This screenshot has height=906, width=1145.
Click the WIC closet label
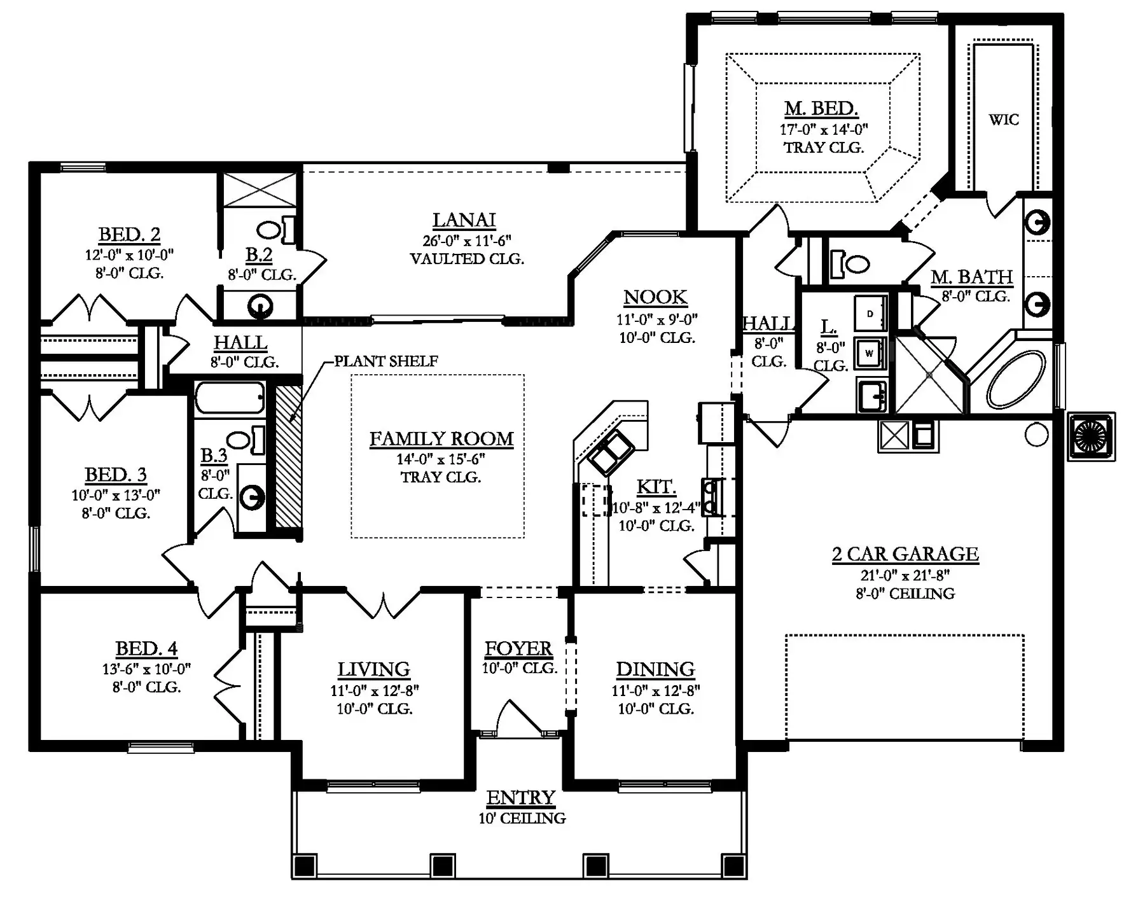pyautogui.click(x=1004, y=120)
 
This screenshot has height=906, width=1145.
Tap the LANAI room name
pyautogui.click(x=464, y=220)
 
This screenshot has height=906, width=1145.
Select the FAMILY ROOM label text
pyautogui.click(x=441, y=439)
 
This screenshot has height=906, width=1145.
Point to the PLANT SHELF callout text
pyautogui.click(x=386, y=361)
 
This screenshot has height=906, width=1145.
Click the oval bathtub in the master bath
pyautogui.click(x=1016, y=381)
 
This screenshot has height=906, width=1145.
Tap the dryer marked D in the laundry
pyautogui.click(x=870, y=313)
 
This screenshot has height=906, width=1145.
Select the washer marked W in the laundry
pyautogui.click(x=869, y=354)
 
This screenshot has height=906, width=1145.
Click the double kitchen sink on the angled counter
pyautogui.click(x=610, y=452)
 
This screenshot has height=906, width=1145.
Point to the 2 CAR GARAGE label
pyautogui.click(x=905, y=554)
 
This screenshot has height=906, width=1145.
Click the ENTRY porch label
pyautogui.click(x=521, y=798)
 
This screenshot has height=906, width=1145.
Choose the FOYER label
pyautogui.click(x=518, y=649)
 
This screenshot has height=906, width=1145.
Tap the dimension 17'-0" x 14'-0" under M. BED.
pyautogui.click(x=824, y=130)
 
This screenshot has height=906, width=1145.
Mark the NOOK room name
pyautogui.click(x=655, y=298)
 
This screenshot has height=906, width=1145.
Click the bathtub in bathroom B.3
pyautogui.click(x=229, y=398)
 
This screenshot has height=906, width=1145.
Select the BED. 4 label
pyautogui.click(x=146, y=649)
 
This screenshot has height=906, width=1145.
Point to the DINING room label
pyautogui.click(x=655, y=670)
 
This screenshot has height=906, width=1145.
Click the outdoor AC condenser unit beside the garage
pyautogui.click(x=1091, y=436)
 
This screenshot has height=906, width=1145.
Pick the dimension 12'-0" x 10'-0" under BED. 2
pyautogui.click(x=129, y=255)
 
